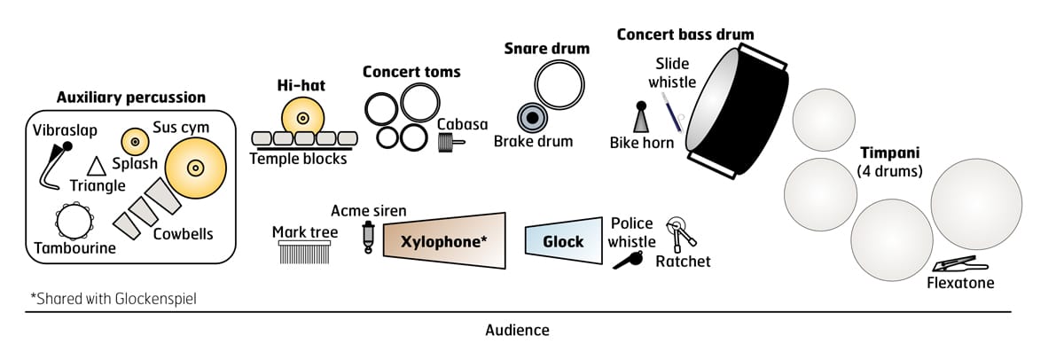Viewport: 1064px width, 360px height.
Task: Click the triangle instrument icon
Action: [96, 165]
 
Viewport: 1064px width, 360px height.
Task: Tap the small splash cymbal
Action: [134, 140]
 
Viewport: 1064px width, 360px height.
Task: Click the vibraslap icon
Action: [55, 164]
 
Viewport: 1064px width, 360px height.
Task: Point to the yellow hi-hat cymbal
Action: [302, 117]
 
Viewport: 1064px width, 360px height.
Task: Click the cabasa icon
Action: [450, 142]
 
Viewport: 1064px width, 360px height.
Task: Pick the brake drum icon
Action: [533, 118]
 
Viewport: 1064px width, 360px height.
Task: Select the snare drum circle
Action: [559, 87]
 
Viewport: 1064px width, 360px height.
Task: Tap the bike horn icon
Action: [640, 119]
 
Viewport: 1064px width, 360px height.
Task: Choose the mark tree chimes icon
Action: [303, 254]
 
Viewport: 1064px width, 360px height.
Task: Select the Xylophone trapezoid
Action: [444, 239]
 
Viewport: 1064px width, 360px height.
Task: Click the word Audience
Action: [517, 330]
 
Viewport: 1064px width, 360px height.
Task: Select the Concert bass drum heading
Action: [685, 35]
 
